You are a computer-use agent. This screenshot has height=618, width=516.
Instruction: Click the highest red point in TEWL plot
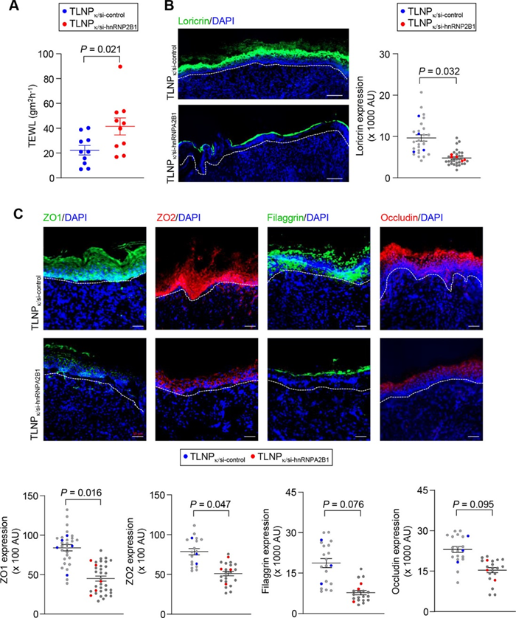[120, 67]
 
